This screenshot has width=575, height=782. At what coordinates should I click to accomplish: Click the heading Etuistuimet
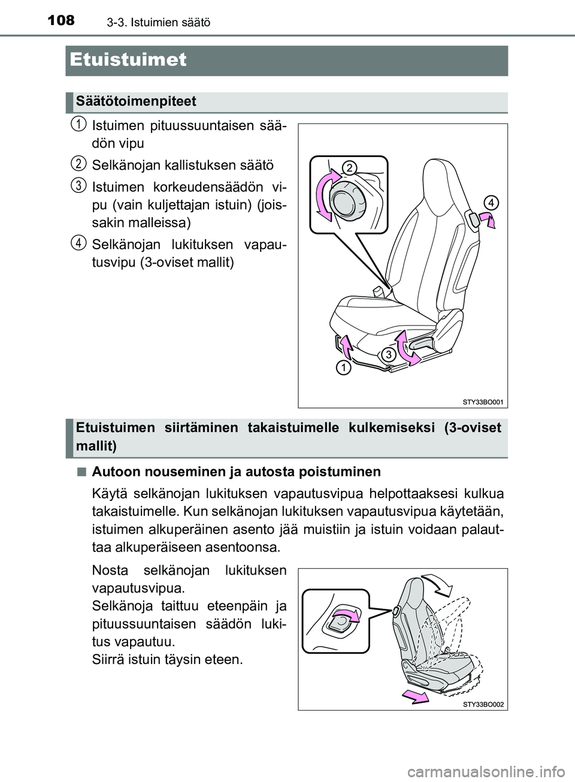click(x=128, y=60)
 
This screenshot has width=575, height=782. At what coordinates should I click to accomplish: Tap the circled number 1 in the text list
click(x=76, y=124)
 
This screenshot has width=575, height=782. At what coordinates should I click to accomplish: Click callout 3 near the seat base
click(x=388, y=354)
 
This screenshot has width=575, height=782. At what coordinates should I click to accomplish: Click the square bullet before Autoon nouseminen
click(x=80, y=472)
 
